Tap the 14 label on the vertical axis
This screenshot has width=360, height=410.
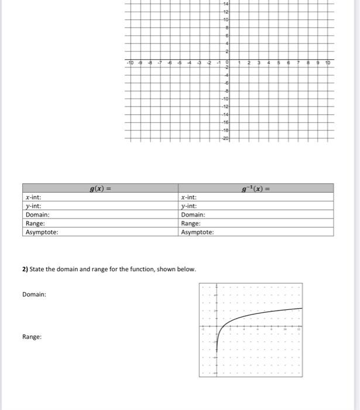225,4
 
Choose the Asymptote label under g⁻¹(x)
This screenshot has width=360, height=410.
198,232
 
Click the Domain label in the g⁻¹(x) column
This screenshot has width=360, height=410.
194,215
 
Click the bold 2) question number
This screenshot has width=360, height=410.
25,269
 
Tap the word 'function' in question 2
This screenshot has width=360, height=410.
143,269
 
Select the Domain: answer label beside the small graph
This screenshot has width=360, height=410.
34,294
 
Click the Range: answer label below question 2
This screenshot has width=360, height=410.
32,337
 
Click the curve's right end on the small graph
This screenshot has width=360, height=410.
302,308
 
